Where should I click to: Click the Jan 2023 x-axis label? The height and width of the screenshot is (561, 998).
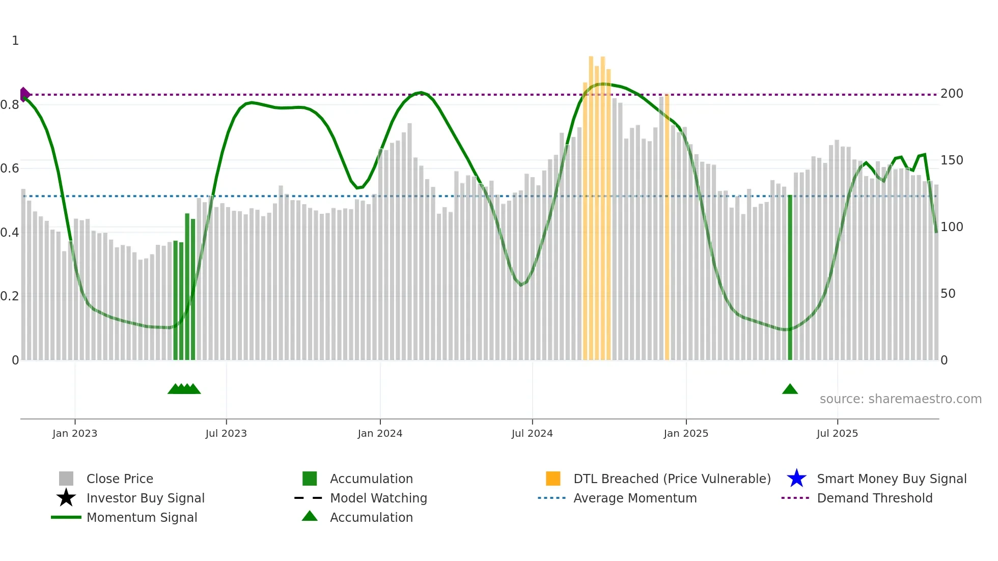75,433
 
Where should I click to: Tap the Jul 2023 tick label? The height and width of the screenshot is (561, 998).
226,433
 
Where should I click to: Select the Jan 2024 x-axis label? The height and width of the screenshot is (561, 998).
380,433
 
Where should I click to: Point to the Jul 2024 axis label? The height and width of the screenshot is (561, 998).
532,433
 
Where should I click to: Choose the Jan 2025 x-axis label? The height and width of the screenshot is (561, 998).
686,433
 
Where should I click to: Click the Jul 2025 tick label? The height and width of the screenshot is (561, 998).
837,433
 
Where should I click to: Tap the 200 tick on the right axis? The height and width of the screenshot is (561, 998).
952,94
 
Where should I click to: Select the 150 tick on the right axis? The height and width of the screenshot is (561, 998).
952,160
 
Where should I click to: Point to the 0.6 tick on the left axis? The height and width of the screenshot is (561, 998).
10,169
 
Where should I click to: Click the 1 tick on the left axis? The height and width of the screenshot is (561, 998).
15,41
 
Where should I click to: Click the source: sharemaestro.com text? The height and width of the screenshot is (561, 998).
900,399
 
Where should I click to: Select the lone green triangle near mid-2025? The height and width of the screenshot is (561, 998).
790,389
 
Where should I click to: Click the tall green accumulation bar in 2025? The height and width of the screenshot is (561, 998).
790,277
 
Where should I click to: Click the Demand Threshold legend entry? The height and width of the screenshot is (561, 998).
874,498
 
